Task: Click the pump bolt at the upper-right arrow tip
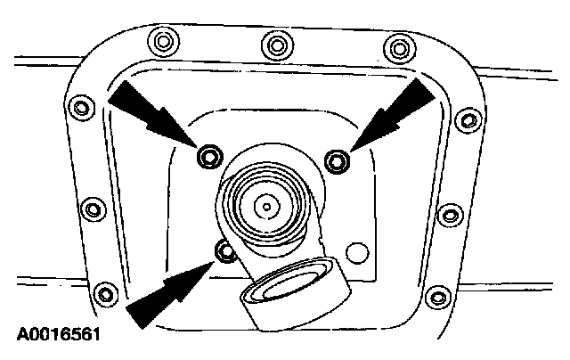pyautogui.click(x=337, y=160)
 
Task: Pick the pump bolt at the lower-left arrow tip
pyautogui.click(x=227, y=250)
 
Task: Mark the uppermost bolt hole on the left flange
pyautogui.click(x=82, y=109)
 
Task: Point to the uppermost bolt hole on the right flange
pyautogui.click(x=465, y=120)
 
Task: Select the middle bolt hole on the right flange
pyautogui.click(x=452, y=215)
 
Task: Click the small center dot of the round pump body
pyautogui.click(x=265, y=206)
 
